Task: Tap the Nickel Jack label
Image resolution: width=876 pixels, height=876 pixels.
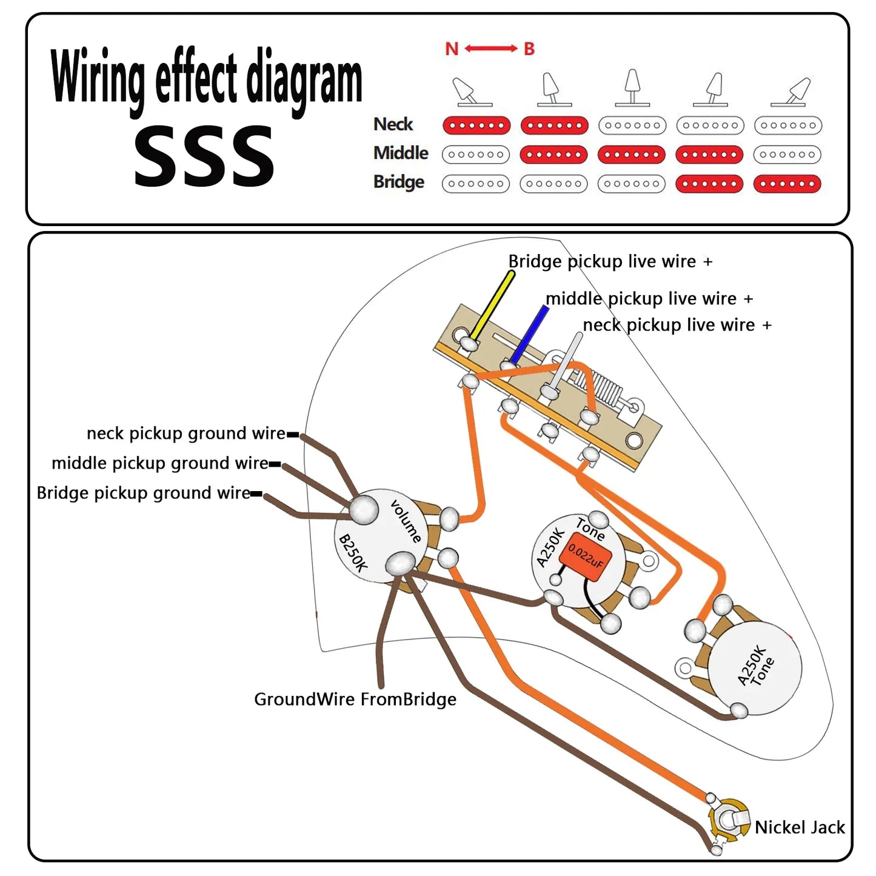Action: pos(799,828)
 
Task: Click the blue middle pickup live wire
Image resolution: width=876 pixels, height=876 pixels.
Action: pos(529,334)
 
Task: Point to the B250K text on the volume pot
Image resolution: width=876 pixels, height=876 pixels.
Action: pos(352,553)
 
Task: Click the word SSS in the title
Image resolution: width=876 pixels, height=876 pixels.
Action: pos(204,156)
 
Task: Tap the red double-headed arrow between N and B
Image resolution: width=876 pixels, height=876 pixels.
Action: pos(490,48)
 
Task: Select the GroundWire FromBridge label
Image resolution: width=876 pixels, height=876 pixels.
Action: pos(355,699)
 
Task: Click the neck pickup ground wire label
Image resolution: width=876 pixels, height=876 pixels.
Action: pos(186,433)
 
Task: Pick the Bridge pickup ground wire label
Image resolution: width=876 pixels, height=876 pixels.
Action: pos(143,493)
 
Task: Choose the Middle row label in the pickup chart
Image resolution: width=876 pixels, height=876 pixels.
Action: pos(401,153)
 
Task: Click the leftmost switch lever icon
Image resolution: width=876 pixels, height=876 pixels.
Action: pos(472,92)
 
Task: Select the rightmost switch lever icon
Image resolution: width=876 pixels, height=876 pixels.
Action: pos(792,92)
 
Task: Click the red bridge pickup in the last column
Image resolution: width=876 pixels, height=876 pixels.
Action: pos(787,184)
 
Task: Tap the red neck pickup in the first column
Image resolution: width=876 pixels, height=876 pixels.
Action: pos(476,125)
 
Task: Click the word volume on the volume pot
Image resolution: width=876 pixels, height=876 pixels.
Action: pos(406,521)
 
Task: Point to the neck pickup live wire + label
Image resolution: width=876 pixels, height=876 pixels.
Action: pos(677,325)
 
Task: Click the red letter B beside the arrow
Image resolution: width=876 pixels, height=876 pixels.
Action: pos(529,48)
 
